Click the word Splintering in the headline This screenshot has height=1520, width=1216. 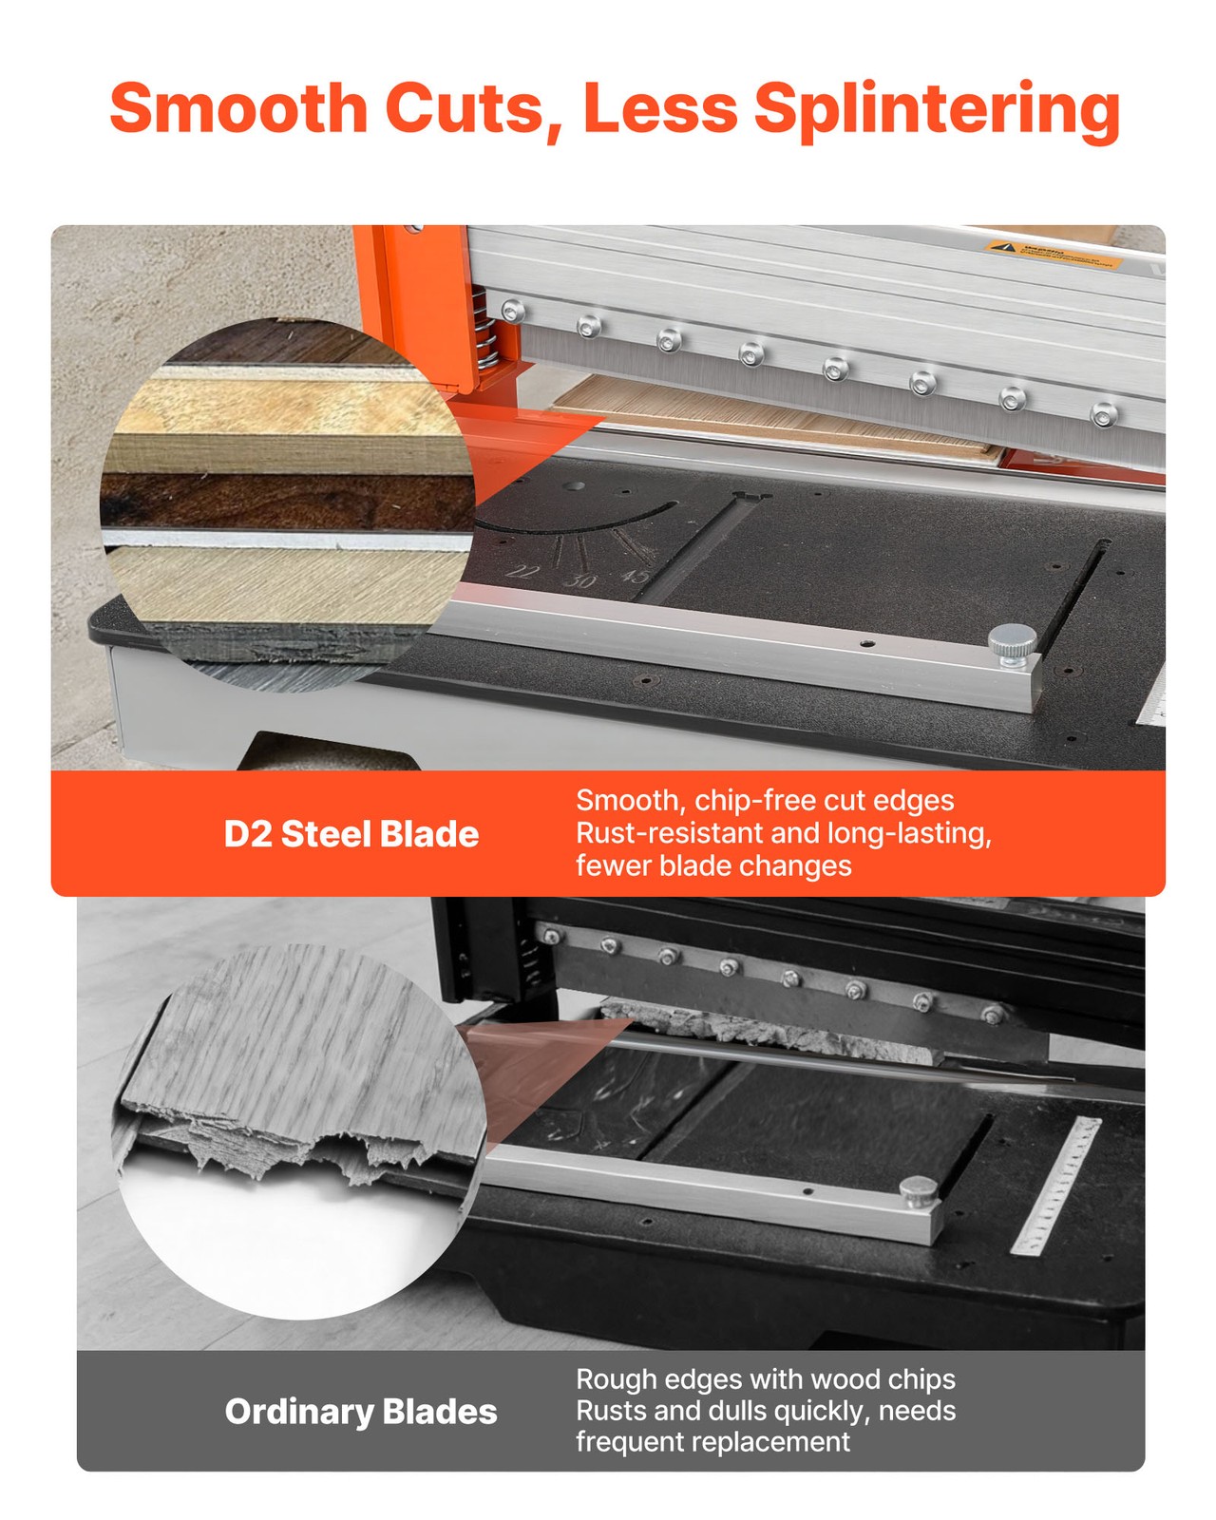coord(937,107)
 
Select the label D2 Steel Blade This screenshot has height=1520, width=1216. coord(351,834)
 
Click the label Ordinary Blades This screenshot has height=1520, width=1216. coord(361,1412)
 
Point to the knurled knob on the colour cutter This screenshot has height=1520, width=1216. coord(1014,644)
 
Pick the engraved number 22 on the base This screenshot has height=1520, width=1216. coord(522,572)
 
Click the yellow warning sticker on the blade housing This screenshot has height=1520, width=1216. coord(1053,253)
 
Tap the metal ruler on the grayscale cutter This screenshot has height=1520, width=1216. coord(1055,1184)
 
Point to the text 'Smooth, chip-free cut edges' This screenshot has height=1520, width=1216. coord(765,801)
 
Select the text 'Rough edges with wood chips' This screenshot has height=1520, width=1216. coord(766,1379)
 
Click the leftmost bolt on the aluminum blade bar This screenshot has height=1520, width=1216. coord(512,312)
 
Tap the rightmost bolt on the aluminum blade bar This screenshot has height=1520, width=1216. coord(1103,413)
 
